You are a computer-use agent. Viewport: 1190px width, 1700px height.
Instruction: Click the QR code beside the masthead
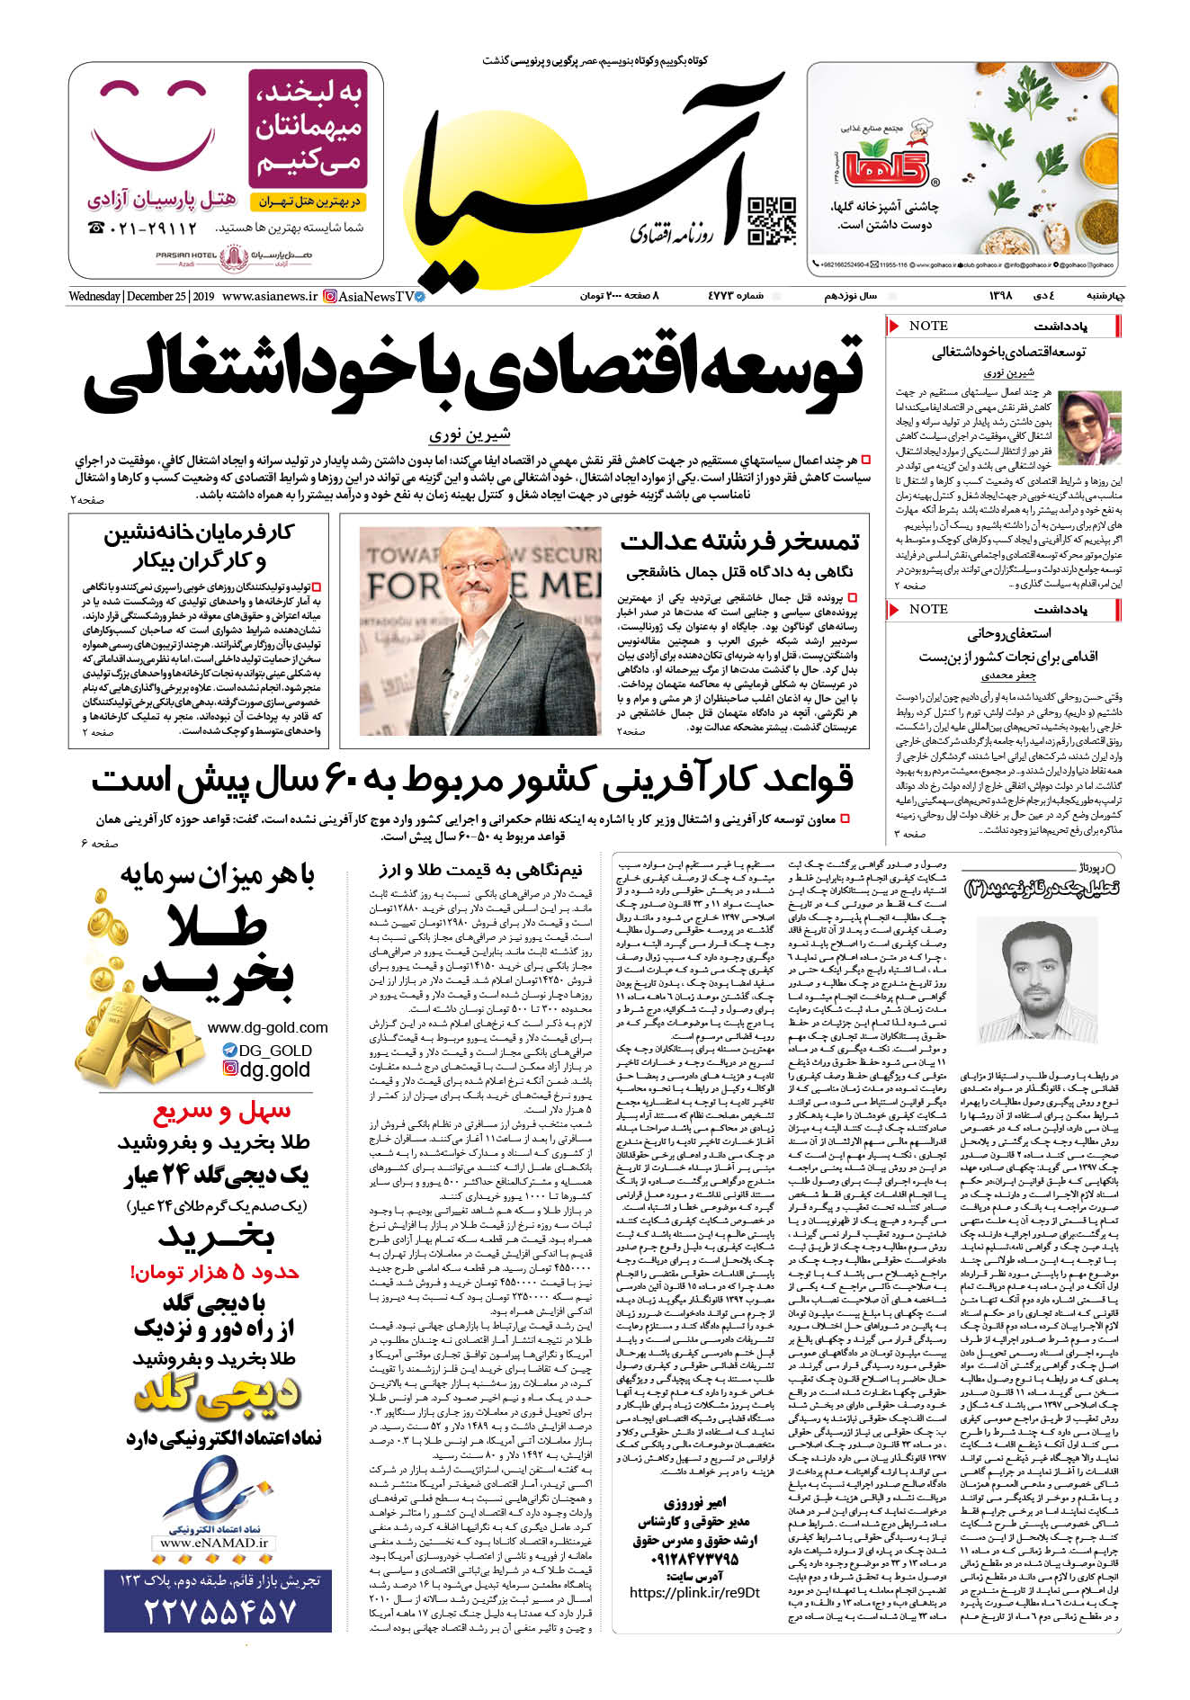[x=772, y=221]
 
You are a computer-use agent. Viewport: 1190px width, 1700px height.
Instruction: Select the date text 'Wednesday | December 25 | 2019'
[x=141, y=296]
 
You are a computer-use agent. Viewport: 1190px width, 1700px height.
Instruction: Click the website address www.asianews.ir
[x=270, y=296]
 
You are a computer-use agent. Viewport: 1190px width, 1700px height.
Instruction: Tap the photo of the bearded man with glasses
[x=480, y=631]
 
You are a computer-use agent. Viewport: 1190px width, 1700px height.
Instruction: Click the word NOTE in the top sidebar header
[x=928, y=326]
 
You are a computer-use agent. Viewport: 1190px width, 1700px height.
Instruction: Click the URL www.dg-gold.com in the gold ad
[x=267, y=1027]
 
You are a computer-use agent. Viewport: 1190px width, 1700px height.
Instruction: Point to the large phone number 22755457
[x=219, y=1609]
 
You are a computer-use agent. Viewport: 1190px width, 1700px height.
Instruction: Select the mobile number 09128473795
[x=693, y=1559]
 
